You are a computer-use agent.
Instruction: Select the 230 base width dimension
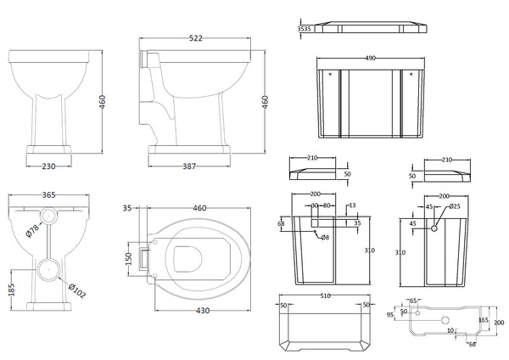pos(48,167)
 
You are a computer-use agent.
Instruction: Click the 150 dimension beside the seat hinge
pos(129,257)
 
